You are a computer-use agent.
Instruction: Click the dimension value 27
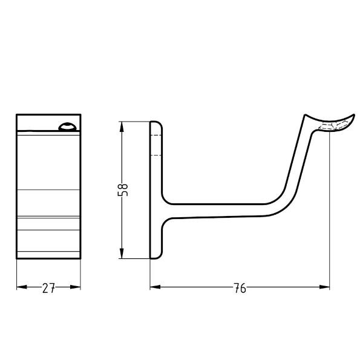pyautogui.click(x=48, y=289)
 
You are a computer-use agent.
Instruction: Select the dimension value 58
pyautogui.click(x=123, y=190)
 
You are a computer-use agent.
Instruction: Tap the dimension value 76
pyautogui.click(x=240, y=289)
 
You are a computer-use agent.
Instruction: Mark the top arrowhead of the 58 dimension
pyautogui.click(x=123, y=125)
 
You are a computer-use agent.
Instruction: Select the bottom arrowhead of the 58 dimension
pyautogui.click(x=123, y=255)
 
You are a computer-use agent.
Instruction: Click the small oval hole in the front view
pyautogui.click(x=66, y=126)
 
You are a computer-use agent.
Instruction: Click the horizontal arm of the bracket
pyautogui.click(x=218, y=209)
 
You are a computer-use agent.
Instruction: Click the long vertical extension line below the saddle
pyautogui.click(x=329, y=206)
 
